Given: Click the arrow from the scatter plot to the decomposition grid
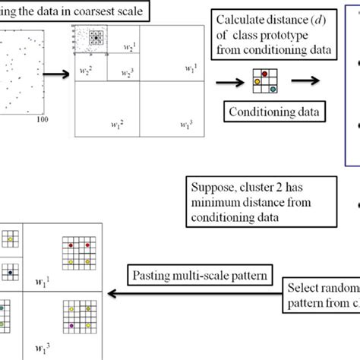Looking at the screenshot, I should click(x=55, y=74).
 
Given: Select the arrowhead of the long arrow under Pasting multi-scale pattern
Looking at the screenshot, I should click(x=110, y=293).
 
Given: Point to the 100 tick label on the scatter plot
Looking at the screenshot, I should click(x=43, y=119).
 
